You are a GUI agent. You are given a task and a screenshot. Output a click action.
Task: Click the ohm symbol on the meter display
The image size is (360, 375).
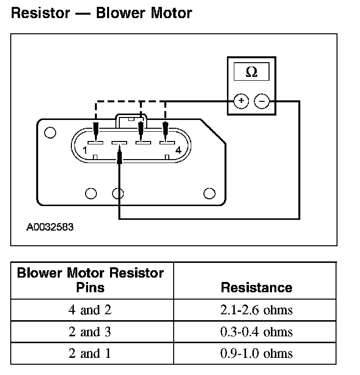click(x=251, y=72)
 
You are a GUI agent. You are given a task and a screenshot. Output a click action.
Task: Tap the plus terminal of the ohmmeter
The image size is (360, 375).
click(x=241, y=101)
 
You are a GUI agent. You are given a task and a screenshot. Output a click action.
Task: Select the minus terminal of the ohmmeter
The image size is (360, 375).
click(x=262, y=101)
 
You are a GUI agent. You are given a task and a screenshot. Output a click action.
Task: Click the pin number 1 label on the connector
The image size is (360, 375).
click(x=85, y=150)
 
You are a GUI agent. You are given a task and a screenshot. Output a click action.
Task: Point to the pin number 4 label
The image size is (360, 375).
click(x=179, y=150)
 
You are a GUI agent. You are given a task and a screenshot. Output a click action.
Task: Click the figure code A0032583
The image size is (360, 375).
click(x=50, y=227)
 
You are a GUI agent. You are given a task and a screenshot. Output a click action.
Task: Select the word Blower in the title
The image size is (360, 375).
click(x=120, y=13)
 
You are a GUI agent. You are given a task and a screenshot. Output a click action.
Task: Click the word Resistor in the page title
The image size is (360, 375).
click(x=41, y=13)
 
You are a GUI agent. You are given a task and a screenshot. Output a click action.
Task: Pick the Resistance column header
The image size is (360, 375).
click(x=256, y=287)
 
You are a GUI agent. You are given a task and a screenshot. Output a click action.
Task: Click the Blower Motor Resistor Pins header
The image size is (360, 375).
click(x=90, y=280)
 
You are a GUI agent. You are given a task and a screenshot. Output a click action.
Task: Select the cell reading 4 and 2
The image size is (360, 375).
click(x=90, y=310)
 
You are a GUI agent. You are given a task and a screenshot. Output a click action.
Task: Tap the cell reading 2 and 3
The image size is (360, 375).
click(x=90, y=332)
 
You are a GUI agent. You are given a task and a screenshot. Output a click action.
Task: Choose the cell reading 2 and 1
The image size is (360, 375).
click(x=90, y=353)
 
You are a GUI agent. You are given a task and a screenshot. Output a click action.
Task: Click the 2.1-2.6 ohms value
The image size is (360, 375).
click(x=256, y=310)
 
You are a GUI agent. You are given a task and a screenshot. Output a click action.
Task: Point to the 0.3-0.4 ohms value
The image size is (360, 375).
click(x=256, y=332)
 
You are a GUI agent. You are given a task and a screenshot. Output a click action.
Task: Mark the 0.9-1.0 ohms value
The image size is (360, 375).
click(x=256, y=353)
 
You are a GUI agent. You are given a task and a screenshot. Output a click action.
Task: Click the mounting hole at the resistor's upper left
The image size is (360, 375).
click(x=50, y=133)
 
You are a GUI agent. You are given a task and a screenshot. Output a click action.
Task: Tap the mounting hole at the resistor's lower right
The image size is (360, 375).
click(x=209, y=193)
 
